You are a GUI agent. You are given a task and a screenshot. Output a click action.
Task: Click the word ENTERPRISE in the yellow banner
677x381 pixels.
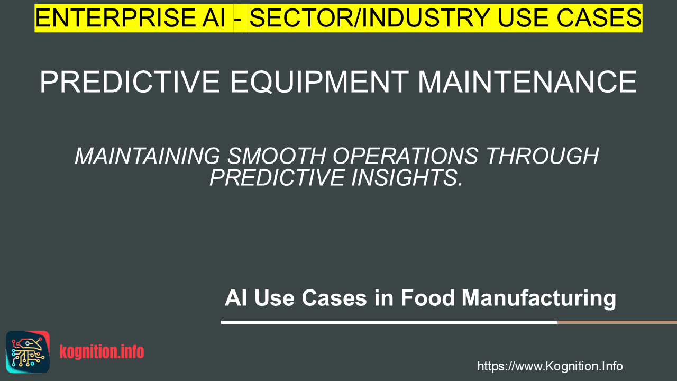(x=115, y=18)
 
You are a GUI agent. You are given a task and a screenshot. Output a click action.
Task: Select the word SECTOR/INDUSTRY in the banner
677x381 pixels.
(x=370, y=18)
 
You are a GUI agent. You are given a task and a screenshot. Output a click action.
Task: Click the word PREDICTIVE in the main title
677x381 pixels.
(x=130, y=81)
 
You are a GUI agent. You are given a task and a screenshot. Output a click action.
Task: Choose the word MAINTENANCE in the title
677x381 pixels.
(x=528, y=81)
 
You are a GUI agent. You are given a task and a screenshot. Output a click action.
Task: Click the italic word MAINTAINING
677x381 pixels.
(x=148, y=156)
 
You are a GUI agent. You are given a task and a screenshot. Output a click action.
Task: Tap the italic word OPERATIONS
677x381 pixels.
(x=406, y=156)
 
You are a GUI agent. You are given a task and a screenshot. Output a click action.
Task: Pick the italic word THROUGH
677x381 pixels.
(x=543, y=156)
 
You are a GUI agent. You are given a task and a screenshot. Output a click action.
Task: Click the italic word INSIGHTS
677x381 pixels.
(x=407, y=177)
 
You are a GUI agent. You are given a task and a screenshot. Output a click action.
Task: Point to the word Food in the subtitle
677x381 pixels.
(x=428, y=298)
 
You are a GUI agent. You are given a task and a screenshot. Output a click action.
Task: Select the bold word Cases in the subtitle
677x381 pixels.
(x=334, y=298)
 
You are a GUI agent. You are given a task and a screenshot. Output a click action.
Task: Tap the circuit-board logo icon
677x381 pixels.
(x=28, y=352)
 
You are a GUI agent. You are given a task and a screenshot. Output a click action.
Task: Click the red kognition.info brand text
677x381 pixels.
(x=102, y=352)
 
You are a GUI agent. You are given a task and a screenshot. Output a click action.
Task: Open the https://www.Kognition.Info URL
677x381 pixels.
(x=550, y=366)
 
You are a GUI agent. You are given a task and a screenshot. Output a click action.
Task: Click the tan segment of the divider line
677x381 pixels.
(x=617, y=322)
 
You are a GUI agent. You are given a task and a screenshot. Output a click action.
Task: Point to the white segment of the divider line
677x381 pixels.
(x=389, y=322)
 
